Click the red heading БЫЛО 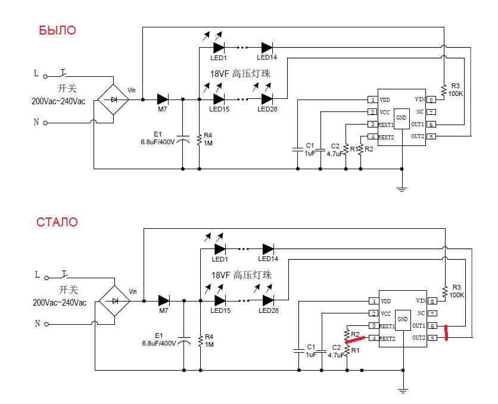57,30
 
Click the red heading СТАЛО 57,222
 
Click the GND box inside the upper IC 402,117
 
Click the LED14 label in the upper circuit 267,57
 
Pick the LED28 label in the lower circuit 268,311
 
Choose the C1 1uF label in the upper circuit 309,149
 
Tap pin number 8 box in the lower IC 432,301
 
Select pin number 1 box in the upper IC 372,100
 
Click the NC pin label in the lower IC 421,313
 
